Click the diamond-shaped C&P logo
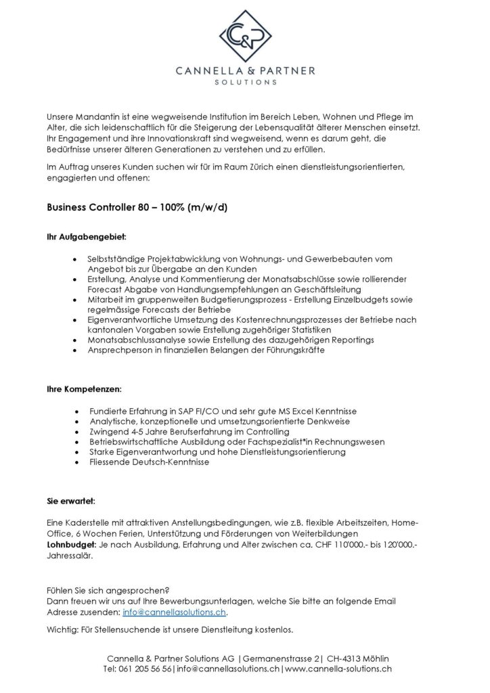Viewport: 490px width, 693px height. pyautogui.click(x=245, y=34)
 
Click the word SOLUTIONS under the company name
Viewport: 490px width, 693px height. pyautogui.click(x=245, y=82)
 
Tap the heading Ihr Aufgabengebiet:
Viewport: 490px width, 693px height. pyautogui.click(x=86, y=238)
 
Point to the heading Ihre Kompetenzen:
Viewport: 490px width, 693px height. pyautogui.click(x=84, y=390)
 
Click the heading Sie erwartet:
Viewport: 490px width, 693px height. pyautogui.click(x=71, y=501)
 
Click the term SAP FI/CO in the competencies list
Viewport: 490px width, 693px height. pyautogui.click(x=194, y=411)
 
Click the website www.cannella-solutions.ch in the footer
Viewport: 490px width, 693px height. pyautogui.click(x=338, y=668)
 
